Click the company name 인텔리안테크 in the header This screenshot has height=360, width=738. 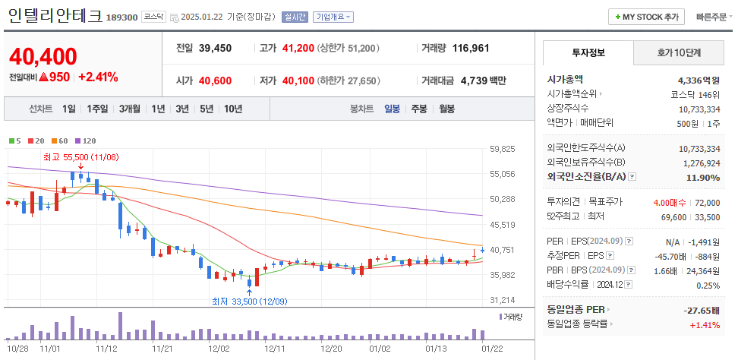click(x=54, y=16)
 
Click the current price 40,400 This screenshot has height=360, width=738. click(x=43, y=57)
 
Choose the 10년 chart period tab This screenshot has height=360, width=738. click(x=233, y=109)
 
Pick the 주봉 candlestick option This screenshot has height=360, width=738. click(x=418, y=109)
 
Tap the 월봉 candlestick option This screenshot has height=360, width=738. click(x=446, y=109)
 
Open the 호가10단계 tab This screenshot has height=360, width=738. click(x=678, y=52)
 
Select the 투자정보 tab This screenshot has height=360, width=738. click(x=588, y=52)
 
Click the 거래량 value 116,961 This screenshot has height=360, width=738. click(x=471, y=48)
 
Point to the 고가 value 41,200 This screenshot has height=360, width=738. click(x=298, y=48)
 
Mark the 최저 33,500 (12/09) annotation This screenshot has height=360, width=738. click(x=248, y=301)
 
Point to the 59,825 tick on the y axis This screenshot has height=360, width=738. click(x=503, y=149)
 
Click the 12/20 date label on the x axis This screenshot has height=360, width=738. click(x=332, y=349)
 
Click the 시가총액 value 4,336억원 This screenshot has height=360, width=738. click(x=698, y=79)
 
